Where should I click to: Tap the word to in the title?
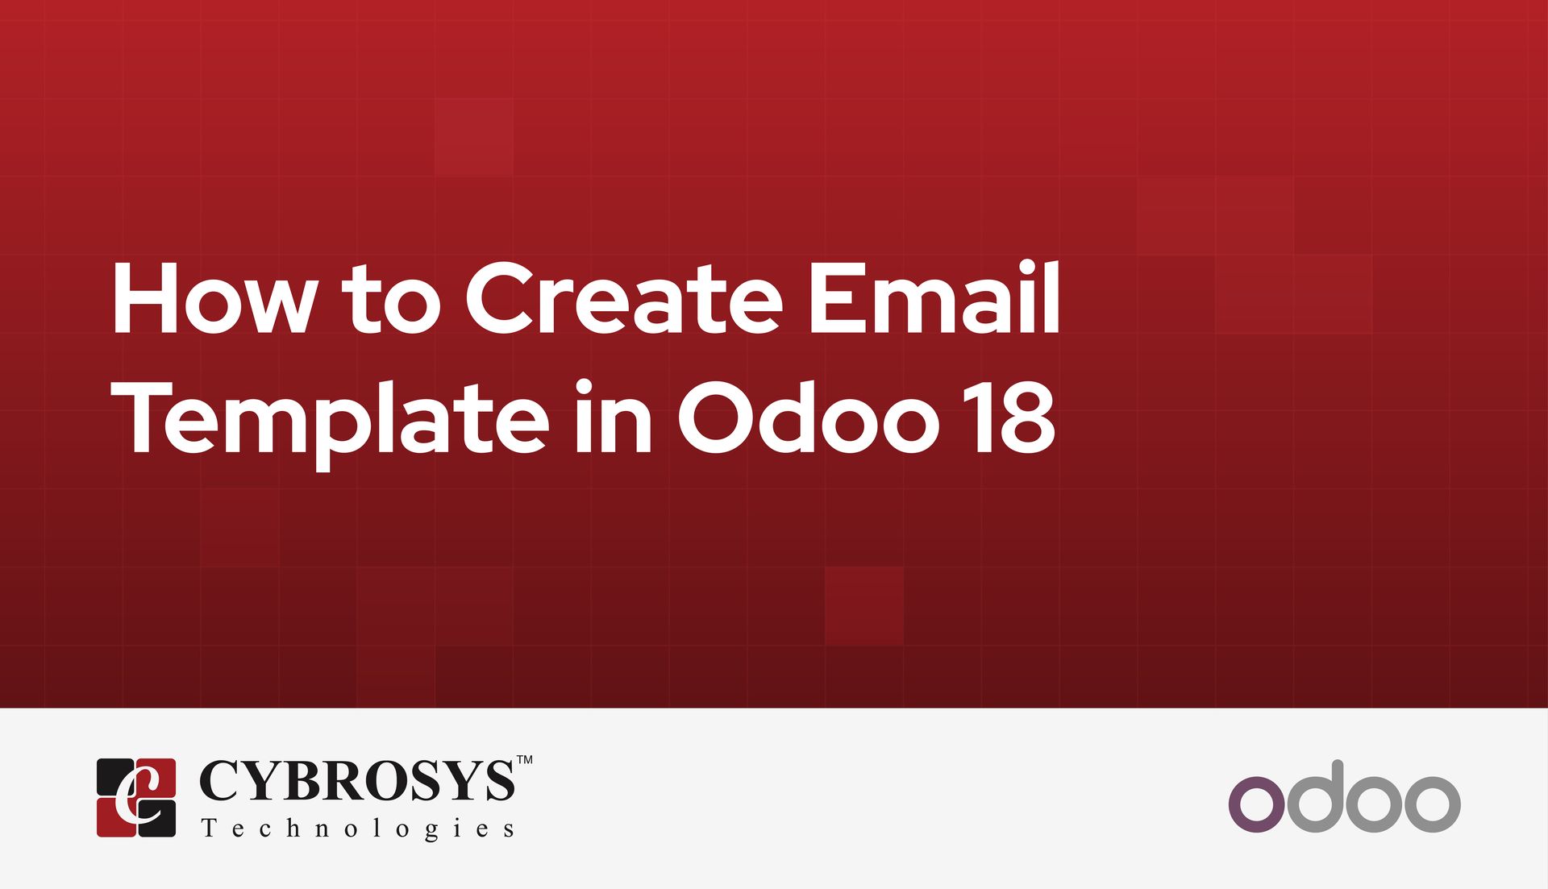(x=391, y=300)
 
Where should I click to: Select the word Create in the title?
(x=623, y=298)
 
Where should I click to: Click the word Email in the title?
(x=934, y=298)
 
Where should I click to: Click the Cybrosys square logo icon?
(x=136, y=797)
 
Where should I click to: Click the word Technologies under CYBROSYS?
(x=357, y=829)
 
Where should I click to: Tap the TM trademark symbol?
(x=524, y=759)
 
